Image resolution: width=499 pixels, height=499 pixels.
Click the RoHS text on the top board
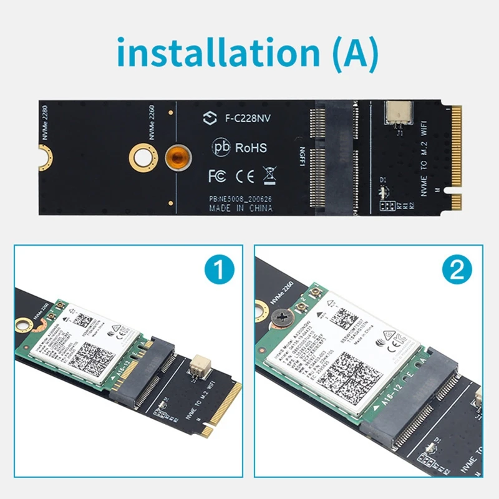point(250,148)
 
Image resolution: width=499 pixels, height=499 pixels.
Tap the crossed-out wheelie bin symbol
point(269,175)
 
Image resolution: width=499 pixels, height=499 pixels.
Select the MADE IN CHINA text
point(240,208)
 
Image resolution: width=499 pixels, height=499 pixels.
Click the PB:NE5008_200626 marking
point(240,198)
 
